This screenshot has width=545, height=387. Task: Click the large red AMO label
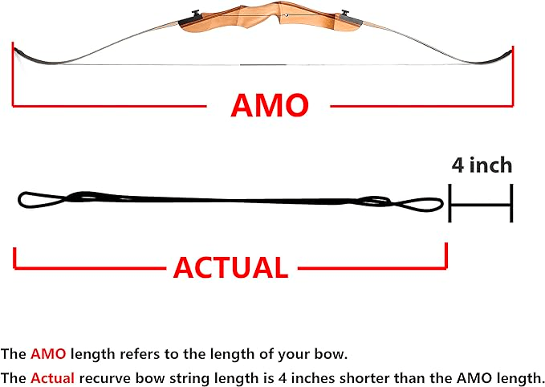(270, 105)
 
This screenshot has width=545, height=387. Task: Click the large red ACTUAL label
(230, 267)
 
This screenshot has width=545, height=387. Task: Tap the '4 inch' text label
(482, 165)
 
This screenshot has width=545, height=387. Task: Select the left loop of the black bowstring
(36, 198)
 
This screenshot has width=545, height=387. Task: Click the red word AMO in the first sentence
(45, 354)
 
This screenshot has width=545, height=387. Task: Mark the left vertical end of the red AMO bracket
(14, 76)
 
